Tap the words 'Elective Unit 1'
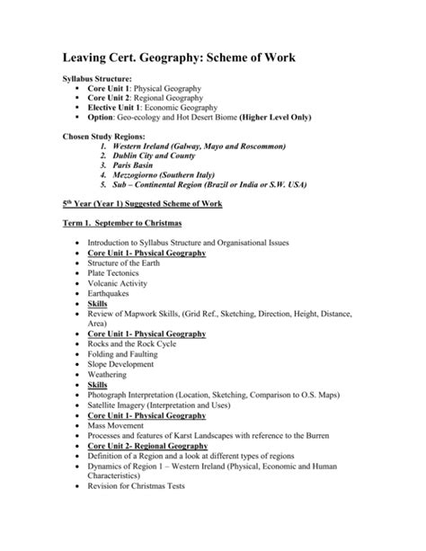116,106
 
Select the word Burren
316,437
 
